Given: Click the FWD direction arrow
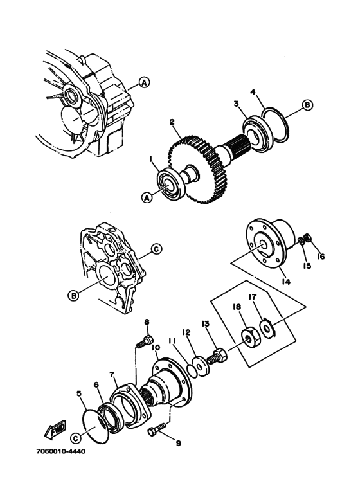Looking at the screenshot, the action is click(x=55, y=429).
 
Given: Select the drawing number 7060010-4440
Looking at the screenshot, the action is click(x=62, y=451).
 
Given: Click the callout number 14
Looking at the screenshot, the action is click(x=286, y=281).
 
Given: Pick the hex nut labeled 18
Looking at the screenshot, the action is click(x=251, y=338).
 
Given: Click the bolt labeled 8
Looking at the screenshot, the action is click(x=145, y=341).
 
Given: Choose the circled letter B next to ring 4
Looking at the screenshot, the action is click(x=307, y=105).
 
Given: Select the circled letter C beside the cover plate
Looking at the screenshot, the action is click(x=156, y=249).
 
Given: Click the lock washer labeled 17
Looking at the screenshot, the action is click(x=268, y=330).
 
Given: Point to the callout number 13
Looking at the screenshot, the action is click(x=205, y=323).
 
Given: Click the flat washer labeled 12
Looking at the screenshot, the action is click(x=200, y=366).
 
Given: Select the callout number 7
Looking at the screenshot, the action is click(x=112, y=375).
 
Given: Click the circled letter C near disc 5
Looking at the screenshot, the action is click(x=75, y=438).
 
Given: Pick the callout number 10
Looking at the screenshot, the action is click(x=156, y=348).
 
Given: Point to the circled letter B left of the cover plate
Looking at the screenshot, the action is click(x=73, y=295).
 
